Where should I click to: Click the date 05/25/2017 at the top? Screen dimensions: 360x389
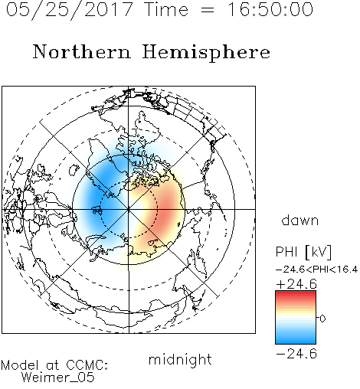click(70, 10)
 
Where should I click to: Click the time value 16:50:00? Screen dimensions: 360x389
click(270, 9)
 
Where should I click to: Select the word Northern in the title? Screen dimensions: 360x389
click(82, 51)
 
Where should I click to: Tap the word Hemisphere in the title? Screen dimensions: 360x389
click(206, 53)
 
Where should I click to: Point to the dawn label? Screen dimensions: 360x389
click(300, 220)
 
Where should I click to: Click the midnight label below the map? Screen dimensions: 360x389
click(180, 359)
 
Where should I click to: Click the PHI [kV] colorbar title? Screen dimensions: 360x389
click(303, 252)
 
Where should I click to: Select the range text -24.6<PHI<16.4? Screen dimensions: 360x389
click(317, 270)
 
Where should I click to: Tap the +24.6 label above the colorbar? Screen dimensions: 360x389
click(296, 284)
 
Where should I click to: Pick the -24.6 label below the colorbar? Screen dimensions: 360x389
click(296, 354)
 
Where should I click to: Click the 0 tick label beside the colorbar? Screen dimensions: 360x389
click(322, 319)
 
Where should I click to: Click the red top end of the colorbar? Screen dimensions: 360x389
click(296, 293)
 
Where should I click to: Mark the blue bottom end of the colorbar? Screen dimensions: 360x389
click(296, 342)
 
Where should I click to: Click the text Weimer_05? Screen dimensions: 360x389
click(58, 377)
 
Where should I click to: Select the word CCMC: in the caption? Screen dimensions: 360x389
click(87, 365)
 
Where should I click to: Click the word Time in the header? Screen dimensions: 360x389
click(166, 9)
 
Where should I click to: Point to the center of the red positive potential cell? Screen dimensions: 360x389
click(167, 208)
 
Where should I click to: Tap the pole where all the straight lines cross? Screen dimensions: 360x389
click(129, 209)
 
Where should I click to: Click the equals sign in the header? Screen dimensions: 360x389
click(208, 10)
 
